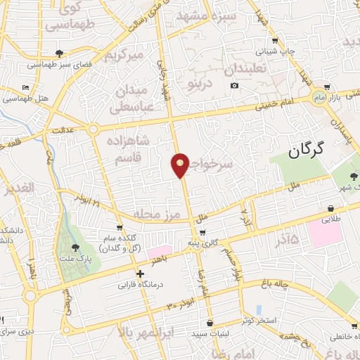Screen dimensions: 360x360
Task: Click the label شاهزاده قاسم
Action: pos(128,148)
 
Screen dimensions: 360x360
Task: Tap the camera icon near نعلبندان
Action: pos(234,86)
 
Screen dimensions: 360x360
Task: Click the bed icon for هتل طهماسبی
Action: pos(26,88)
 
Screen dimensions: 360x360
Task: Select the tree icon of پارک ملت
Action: pos(75,247)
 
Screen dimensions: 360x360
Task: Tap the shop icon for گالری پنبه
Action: pos(203,232)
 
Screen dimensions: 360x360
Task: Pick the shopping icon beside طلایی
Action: pos(330,208)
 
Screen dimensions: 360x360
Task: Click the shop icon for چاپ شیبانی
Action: pos(275,39)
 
